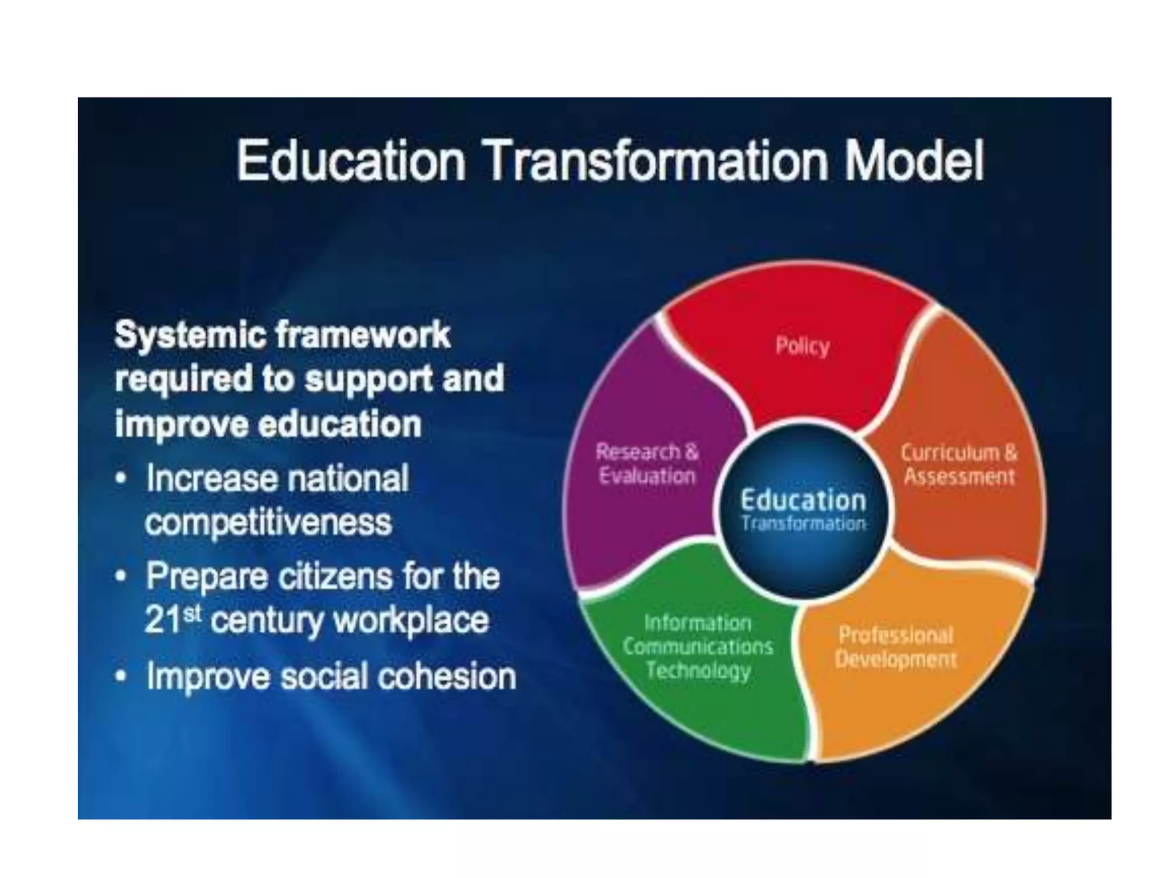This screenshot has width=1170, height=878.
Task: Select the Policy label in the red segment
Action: pyautogui.click(x=802, y=346)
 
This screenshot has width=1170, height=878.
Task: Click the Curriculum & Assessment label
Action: pyautogui.click(x=959, y=464)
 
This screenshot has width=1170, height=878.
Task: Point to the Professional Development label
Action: pyautogui.click(x=895, y=647)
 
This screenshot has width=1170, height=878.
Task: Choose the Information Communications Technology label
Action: pyautogui.click(x=698, y=646)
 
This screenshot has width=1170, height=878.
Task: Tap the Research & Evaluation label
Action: pyautogui.click(x=647, y=464)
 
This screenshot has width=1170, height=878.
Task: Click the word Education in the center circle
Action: pyautogui.click(x=803, y=501)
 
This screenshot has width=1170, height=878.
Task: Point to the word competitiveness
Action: pyautogui.click(x=269, y=522)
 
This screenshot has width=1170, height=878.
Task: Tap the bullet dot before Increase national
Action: pyautogui.click(x=121, y=479)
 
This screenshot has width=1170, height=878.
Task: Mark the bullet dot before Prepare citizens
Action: pyautogui.click(x=121, y=577)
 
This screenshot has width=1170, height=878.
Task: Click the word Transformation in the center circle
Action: pyautogui.click(x=803, y=524)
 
